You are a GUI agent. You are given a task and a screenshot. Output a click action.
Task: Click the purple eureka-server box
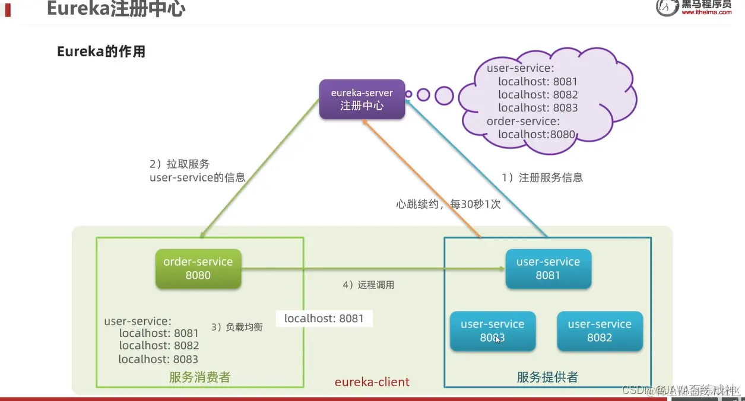(x=362, y=100)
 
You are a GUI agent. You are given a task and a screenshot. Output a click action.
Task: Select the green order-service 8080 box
(x=198, y=269)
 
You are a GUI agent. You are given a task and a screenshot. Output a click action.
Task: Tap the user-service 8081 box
(x=548, y=269)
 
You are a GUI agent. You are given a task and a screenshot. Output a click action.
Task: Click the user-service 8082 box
(x=600, y=331)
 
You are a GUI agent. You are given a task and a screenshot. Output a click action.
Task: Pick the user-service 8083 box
(x=493, y=331)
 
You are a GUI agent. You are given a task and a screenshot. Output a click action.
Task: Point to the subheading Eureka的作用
(x=101, y=52)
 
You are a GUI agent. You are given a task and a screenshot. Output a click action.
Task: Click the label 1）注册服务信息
(x=543, y=177)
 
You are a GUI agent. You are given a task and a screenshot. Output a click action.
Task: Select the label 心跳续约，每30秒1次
(x=448, y=204)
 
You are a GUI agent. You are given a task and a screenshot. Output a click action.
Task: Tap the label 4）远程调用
(x=368, y=285)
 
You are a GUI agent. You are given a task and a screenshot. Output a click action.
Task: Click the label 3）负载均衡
(x=237, y=327)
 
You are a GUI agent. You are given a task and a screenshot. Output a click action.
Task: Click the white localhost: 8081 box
(x=324, y=319)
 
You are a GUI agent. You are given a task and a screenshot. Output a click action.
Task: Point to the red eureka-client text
(x=372, y=382)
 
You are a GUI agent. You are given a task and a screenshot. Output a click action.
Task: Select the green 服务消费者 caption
(x=199, y=377)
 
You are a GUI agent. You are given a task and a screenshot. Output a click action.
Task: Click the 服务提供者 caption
(x=547, y=377)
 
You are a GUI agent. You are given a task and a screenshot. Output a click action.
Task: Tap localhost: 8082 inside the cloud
(x=538, y=95)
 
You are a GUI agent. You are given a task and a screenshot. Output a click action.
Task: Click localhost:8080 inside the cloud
(x=537, y=134)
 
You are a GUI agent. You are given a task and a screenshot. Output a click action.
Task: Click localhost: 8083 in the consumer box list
(x=158, y=359)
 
